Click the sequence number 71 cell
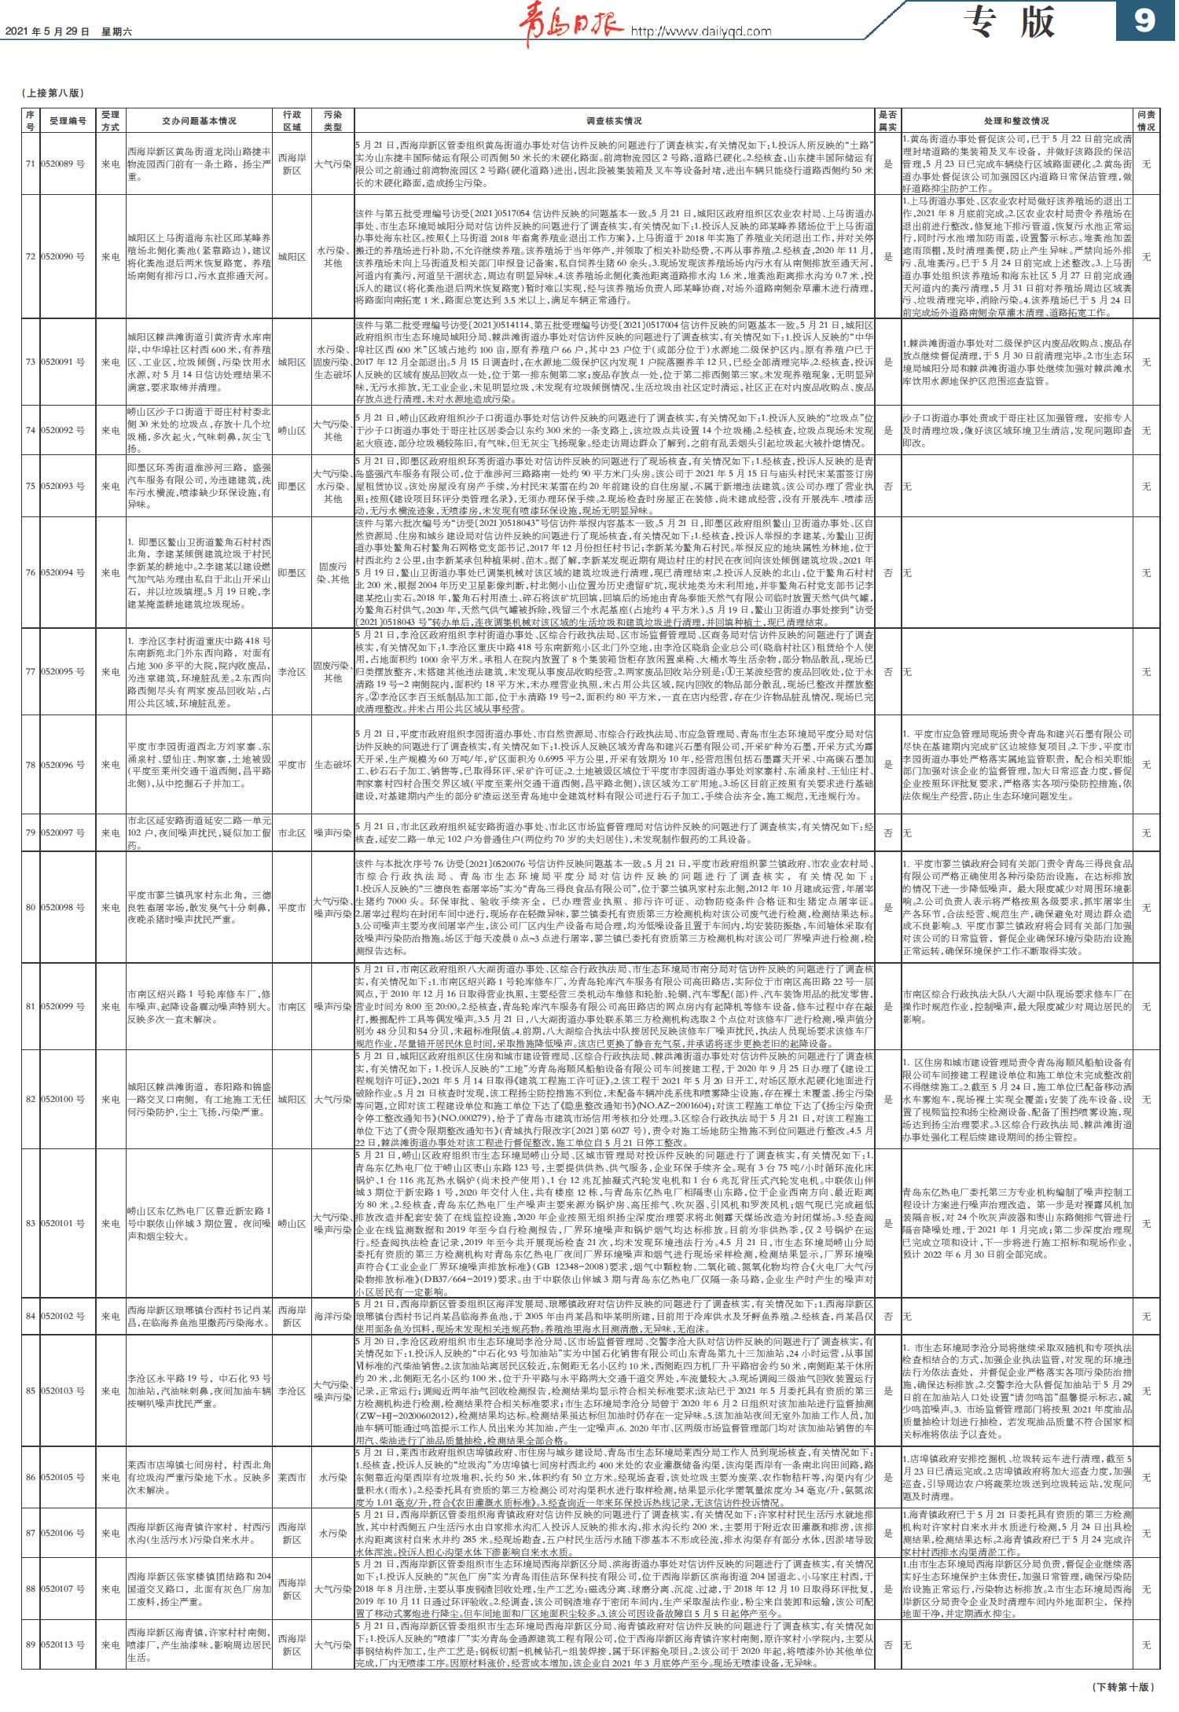coord(30,163)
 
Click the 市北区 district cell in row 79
coord(292,832)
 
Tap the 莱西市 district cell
coord(292,1478)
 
